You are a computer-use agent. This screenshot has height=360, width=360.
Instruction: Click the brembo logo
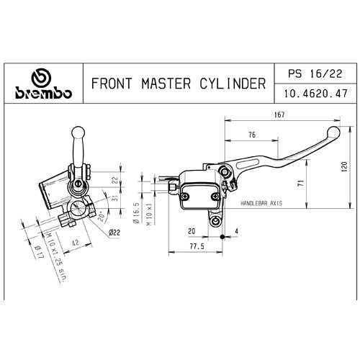pyautogui.click(x=44, y=86)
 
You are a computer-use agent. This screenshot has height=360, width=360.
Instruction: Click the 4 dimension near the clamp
pyautogui.click(x=235, y=231)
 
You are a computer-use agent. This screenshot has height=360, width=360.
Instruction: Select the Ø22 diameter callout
pyautogui.click(x=113, y=232)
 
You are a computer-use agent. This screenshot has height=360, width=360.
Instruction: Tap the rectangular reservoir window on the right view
pyautogui.click(x=197, y=194)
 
